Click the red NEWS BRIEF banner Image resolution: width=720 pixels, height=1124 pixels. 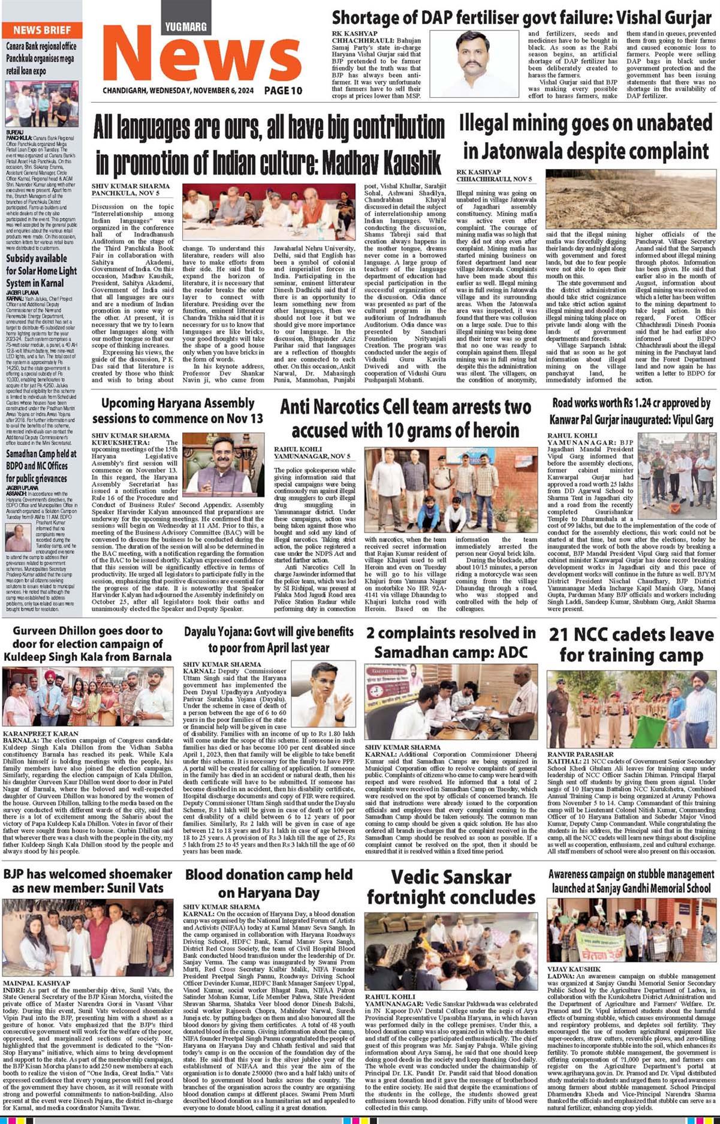pyautogui.click(x=41, y=30)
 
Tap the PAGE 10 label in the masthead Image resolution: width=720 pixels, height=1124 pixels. pyautogui.click(x=283, y=91)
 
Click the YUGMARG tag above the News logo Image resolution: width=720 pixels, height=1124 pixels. pyautogui.click(x=186, y=26)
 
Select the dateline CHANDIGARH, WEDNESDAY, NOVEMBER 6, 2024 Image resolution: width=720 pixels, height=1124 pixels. pyautogui.click(x=178, y=91)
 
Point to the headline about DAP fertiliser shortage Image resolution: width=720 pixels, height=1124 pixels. pyautogui.click(x=523, y=17)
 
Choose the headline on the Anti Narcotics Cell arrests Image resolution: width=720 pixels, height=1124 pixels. pyautogui.click(x=405, y=419)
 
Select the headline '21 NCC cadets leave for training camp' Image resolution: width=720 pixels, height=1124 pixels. pyautogui.click(x=631, y=644)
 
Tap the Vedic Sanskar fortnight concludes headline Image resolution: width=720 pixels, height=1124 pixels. pyautogui.click(x=451, y=887)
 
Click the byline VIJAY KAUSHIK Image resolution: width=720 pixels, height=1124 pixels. pyautogui.click(x=574, y=969)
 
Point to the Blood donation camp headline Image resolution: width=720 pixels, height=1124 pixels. pyautogui.click(x=269, y=883)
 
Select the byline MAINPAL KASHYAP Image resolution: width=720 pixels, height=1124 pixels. pyautogui.click(x=36, y=984)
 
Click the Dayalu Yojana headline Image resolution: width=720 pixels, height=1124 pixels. pyautogui.click(x=269, y=639)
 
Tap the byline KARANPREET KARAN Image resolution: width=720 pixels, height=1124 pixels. pyautogui.click(x=41, y=734)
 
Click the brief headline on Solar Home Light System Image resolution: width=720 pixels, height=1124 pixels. pyautogui.click(x=41, y=271)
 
